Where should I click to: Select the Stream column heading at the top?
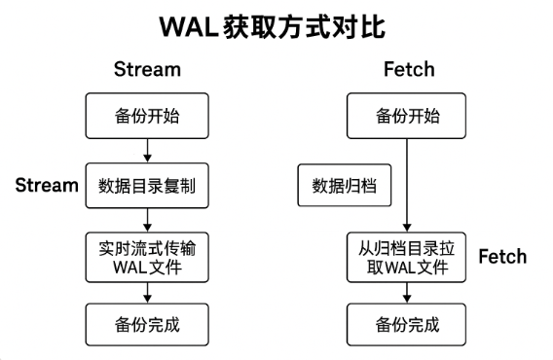147,70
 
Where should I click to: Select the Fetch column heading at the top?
408,70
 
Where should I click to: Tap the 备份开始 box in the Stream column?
146,116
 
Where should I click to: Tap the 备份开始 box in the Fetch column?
407,116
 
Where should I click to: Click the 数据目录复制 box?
146,185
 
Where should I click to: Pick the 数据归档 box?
344,185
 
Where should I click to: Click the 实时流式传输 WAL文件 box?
146,255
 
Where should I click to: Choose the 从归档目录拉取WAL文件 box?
407,255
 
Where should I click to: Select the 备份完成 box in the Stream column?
146,322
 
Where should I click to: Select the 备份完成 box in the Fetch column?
407,322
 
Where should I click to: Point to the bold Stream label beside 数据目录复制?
47,185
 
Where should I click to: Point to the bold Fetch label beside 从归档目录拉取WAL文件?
501,256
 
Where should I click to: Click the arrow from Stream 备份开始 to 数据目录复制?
146,150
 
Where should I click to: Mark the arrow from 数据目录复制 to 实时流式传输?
146,219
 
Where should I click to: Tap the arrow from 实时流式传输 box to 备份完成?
146,290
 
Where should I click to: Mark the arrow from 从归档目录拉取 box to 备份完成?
407,290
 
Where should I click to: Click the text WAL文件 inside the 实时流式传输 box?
146,265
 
